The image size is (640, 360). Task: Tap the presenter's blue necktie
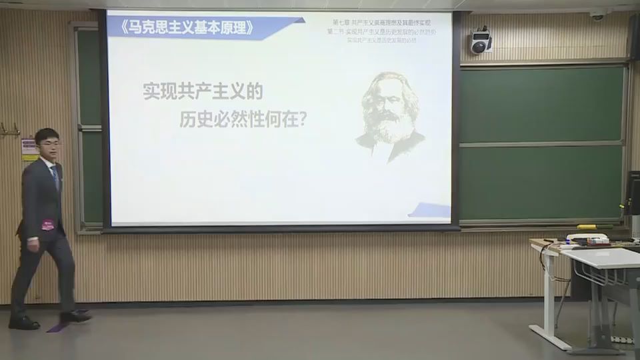click(x=54, y=177)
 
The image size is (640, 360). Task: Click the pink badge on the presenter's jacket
click(x=48, y=225)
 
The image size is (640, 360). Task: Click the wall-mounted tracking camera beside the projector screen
click(x=480, y=42)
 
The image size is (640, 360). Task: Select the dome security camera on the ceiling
click(x=597, y=15)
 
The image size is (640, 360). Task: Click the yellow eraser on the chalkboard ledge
click(x=586, y=227)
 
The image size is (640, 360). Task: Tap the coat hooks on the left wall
click(x=9, y=130)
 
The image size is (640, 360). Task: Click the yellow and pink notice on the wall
click(x=29, y=149)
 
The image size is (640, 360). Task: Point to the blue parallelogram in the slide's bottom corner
click(x=430, y=211)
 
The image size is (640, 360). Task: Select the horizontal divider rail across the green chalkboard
click(x=542, y=144)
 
